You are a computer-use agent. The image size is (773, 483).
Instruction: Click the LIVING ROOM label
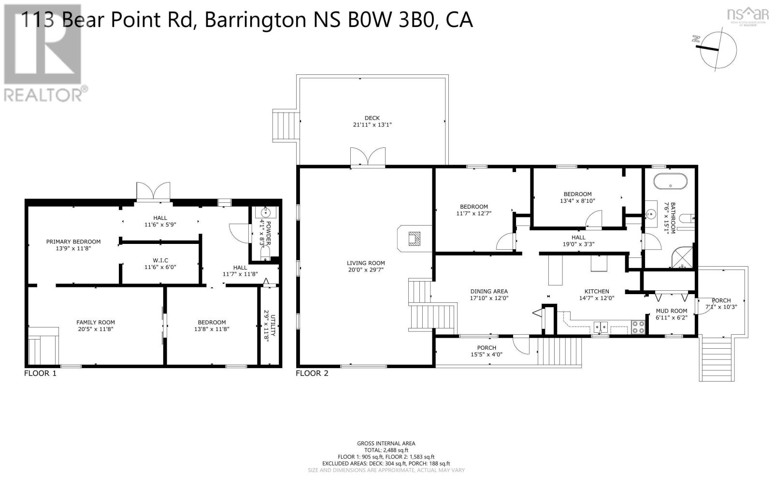(366, 263)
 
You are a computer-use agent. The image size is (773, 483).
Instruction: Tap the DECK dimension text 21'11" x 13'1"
(372, 125)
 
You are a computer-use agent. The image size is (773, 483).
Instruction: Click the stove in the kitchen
(638, 327)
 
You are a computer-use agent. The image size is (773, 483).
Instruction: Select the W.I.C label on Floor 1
(160, 260)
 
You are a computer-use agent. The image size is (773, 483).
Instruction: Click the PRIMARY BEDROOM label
(73, 241)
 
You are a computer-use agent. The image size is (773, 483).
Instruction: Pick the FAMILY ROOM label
(96, 322)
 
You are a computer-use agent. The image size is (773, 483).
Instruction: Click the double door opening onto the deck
(368, 158)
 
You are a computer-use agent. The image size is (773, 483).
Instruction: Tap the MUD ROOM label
(671, 311)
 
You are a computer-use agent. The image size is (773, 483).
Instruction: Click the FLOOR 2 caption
(312, 373)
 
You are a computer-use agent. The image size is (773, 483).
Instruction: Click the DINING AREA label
(489, 291)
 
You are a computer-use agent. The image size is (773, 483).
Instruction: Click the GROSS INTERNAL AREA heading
(386, 443)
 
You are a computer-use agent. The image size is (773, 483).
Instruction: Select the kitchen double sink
(601, 327)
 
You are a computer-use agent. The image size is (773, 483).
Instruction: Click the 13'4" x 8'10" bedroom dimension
(577, 201)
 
